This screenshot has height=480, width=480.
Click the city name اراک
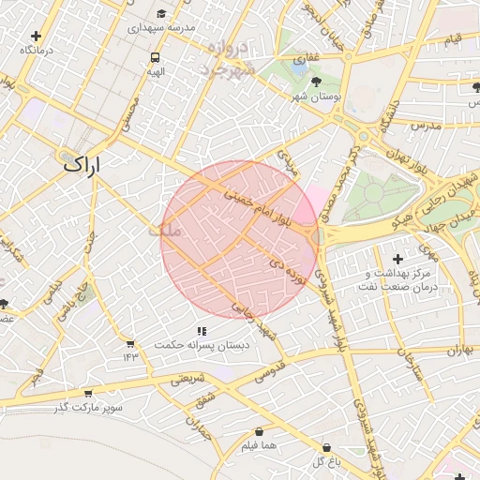click(x=81, y=163)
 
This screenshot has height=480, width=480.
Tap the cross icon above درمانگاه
click(x=36, y=36)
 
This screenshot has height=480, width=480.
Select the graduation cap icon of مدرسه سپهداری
click(x=163, y=14)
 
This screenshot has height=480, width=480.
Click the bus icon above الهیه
click(x=155, y=56)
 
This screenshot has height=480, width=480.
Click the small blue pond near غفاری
click(x=298, y=67)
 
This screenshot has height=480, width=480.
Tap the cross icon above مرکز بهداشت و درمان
click(x=398, y=258)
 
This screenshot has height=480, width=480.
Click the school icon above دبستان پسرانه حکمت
click(x=202, y=331)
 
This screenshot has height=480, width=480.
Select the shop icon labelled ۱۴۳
click(x=129, y=344)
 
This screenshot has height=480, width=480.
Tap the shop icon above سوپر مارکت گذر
click(x=88, y=393)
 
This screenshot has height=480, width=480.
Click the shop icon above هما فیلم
click(x=258, y=432)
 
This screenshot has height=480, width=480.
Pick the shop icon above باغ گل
click(x=326, y=448)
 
